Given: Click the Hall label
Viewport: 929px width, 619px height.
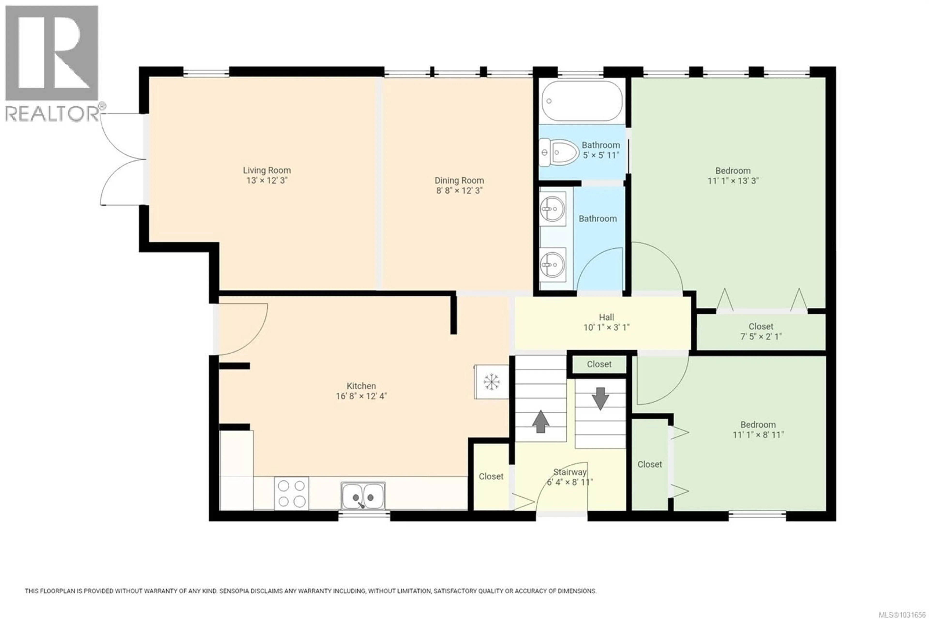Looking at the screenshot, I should point(606,317).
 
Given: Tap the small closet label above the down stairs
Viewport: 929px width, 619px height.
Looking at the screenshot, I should point(599,364).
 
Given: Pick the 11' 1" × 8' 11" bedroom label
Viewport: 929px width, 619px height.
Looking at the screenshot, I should point(758,430).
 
